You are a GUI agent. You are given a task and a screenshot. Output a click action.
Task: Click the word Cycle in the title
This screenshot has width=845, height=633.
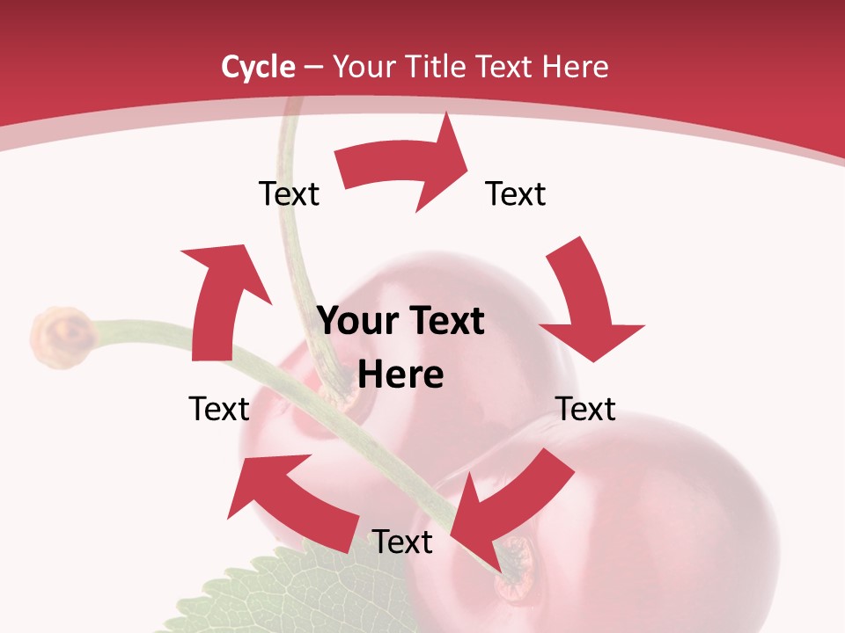[x=258, y=66]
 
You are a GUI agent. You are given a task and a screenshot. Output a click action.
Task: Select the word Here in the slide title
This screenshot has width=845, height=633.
[x=575, y=66]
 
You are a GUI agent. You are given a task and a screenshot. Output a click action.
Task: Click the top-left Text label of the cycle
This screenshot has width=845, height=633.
[x=289, y=193]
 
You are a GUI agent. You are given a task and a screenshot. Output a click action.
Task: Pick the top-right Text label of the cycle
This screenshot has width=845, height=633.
[x=516, y=193]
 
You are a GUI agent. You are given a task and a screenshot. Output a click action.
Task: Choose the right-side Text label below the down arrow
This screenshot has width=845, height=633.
[x=585, y=409]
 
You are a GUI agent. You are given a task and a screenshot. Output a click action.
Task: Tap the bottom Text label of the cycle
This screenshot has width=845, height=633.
[x=402, y=542]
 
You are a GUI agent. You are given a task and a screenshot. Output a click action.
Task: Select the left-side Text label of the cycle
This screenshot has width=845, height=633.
[x=219, y=409]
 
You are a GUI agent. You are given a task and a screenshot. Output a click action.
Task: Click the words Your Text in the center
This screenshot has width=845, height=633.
[x=400, y=322]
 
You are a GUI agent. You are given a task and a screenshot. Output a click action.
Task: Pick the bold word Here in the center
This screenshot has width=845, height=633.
[x=400, y=375]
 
